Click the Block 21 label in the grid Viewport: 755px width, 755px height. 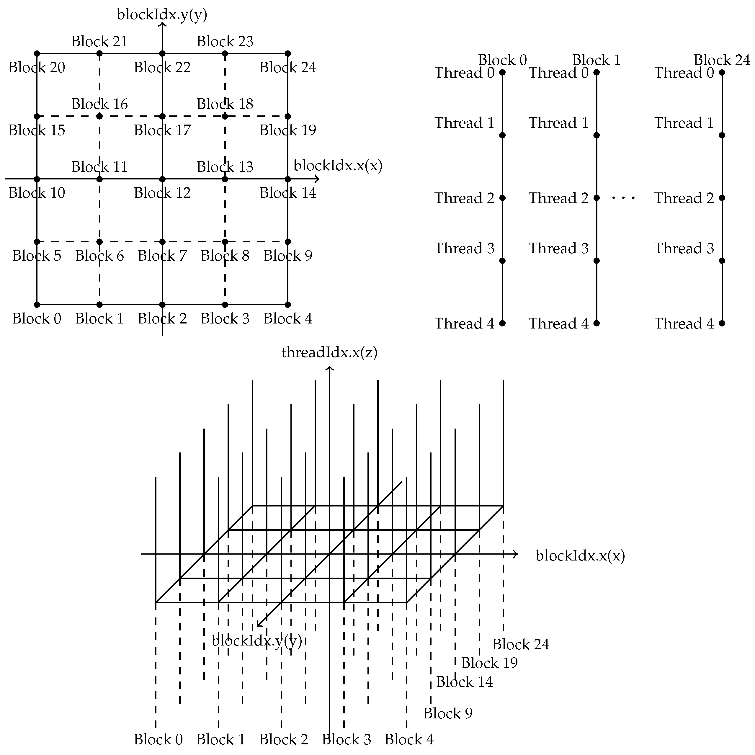[x=100, y=41]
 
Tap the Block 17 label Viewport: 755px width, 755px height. [x=163, y=130]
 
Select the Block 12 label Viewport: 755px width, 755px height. [x=163, y=193]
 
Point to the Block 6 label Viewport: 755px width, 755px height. [x=100, y=256]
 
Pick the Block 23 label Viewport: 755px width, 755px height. [x=225, y=41]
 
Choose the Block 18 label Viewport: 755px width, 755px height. [x=225, y=104]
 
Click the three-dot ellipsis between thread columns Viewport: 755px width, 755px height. [x=623, y=198]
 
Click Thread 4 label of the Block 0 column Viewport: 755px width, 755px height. [x=465, y=324]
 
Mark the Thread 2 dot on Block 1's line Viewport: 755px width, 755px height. [x=597, y=198]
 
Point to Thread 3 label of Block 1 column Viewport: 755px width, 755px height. [x=559, y=249]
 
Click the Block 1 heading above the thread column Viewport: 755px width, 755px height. [x=597, y=60]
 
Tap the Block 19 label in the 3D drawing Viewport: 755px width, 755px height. [x=489, y=663]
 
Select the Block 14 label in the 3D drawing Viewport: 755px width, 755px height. [x=465, y=682]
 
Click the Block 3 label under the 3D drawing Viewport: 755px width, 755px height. [x=346, y=740]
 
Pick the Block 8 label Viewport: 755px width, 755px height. [x=225, y=256]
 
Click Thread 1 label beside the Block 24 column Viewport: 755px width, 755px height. [x=684, y=123]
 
